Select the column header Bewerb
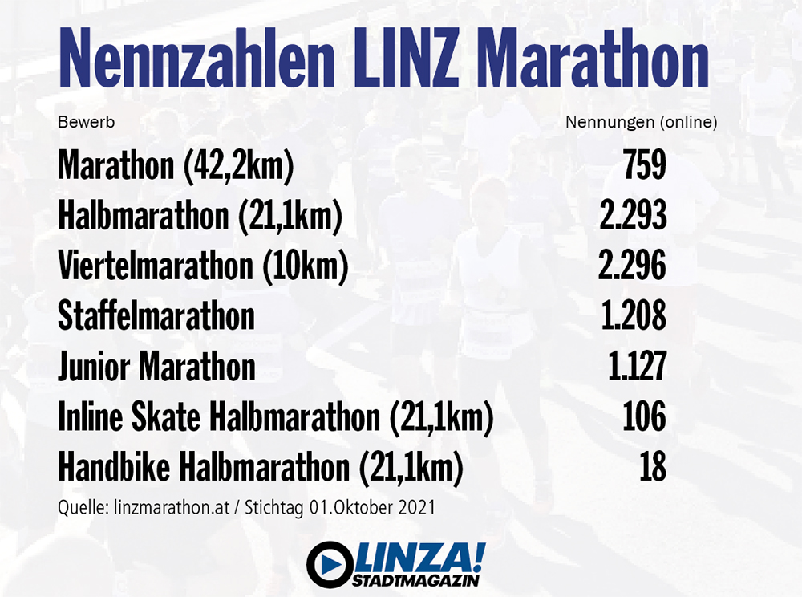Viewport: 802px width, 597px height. coord(86,123)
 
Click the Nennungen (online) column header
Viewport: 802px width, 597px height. coord(641,123)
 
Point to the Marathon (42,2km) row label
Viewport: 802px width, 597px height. coord(176,166)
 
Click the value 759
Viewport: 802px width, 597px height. coord(644,166)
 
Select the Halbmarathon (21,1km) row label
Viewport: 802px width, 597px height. coord(200,217)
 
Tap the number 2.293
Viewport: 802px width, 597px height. coord(633,217)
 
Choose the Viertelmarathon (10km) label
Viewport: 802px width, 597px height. coord(203,267)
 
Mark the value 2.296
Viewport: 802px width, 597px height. coord(633,267)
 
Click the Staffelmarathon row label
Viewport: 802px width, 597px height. coord(156,316)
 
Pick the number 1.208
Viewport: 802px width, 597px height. coord(633,316)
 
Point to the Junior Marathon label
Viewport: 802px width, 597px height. coord(156,368)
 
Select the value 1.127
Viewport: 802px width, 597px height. coord(637,368)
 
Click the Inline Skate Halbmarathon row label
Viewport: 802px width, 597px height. coord(274,417)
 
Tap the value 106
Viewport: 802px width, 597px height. coord(644,417)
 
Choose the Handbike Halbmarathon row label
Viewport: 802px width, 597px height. coord(261,468)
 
